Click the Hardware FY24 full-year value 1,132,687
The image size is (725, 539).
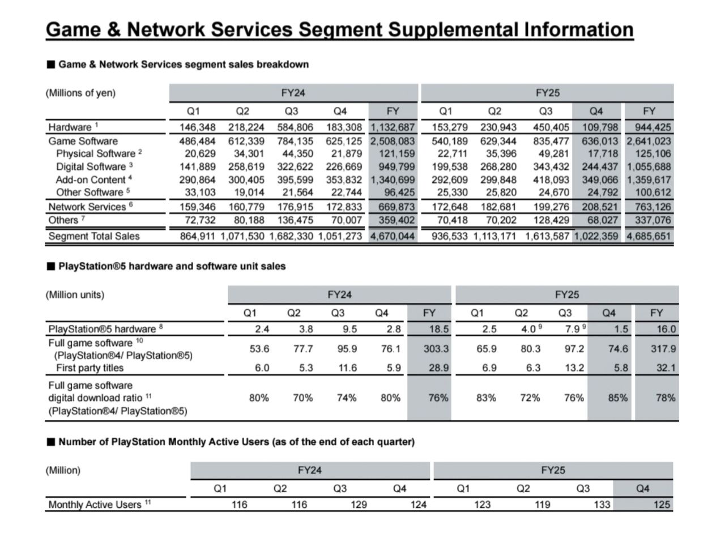pos(393,127)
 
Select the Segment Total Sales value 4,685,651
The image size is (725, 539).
pos(649,236)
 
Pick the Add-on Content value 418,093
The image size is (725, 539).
pos(551,180)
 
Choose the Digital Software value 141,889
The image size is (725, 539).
pos(198,166)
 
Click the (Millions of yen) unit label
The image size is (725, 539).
pos(80,93)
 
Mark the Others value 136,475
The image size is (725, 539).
pos(295,220)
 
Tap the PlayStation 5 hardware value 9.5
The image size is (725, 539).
pos(349,329)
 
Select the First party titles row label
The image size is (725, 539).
pos(90,367)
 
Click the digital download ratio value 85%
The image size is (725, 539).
pos(618,398)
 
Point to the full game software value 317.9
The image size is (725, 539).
pos(663,349)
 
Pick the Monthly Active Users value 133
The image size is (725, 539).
pos(602,504)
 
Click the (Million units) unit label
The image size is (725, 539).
pos(75,295)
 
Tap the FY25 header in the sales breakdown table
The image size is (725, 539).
pos(548,93)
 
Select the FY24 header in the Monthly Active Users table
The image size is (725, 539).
pos(310,470)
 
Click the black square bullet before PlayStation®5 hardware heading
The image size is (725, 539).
pos(50,267)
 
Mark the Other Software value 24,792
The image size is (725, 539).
pos(603,192)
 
